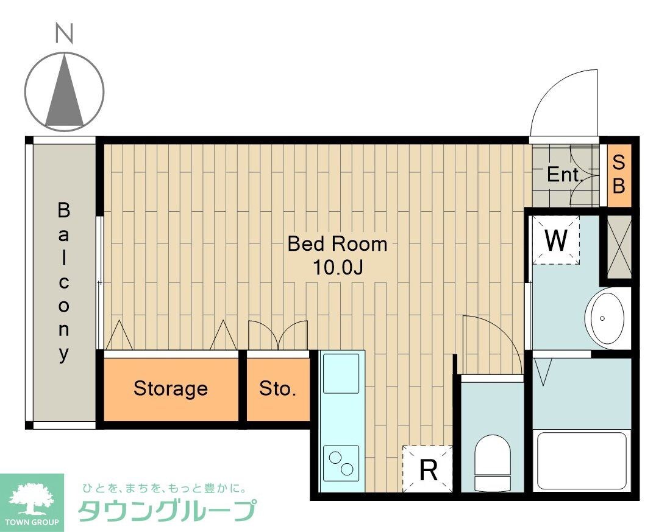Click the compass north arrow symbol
point(65,91)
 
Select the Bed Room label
point(337,244)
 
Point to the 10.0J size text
point(338,268)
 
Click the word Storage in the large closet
point(171,388)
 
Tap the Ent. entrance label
point(563,175)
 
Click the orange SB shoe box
point(619,174)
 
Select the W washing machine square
point(556,240)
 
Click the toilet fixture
point(492,463)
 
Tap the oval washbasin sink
point(605,318)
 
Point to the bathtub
point(580,460)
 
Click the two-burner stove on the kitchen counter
point(341,461)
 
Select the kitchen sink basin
point(341,373)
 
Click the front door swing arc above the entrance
point(564,103)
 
